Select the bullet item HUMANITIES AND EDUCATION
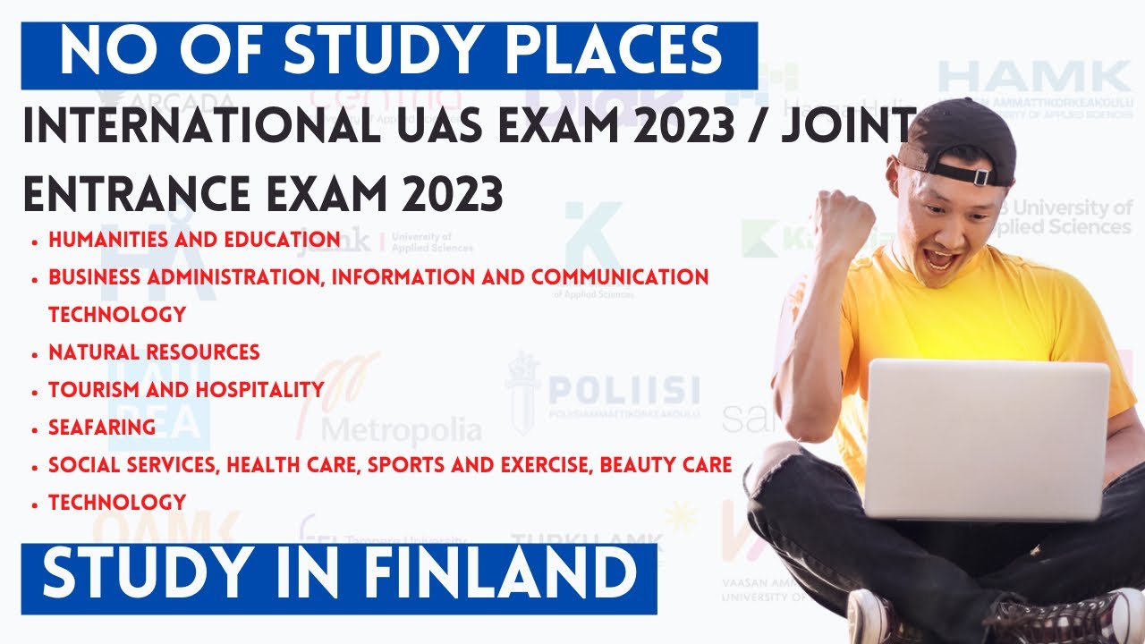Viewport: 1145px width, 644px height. [x=194, y=240]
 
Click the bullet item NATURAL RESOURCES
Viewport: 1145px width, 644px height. [x=154, y=352]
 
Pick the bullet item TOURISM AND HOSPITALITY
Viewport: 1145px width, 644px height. [x=186, y=390]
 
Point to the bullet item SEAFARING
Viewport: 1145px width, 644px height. [x=102, y=428]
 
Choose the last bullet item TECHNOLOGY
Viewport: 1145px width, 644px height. [x=117, y=503]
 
